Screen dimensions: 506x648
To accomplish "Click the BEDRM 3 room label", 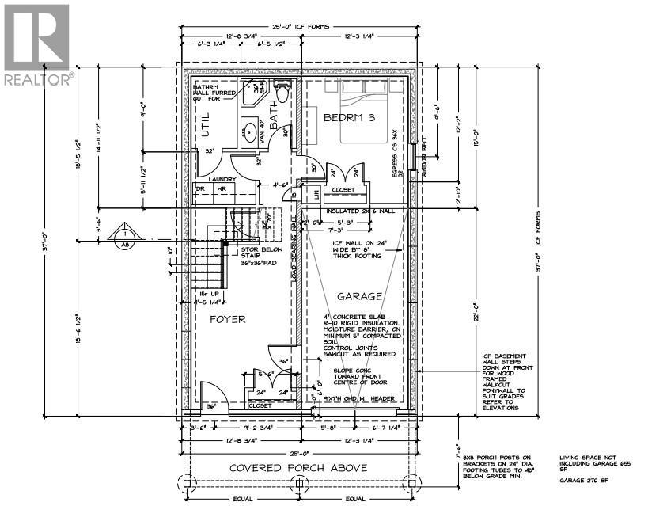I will (348, 116).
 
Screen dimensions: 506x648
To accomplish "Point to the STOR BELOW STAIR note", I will (262, 256).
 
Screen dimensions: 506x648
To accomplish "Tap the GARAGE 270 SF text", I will (585, 480).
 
